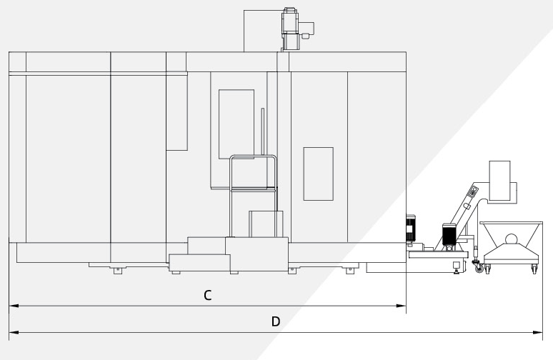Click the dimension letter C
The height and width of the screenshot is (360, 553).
(x=208, y=295)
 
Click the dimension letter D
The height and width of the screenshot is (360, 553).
(x=276, y=321)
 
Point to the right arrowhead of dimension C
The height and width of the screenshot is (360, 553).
(x=402, y=306)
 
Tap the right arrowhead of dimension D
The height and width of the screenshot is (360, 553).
(x=537, y=332)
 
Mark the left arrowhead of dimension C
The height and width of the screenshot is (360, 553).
(x=14, y=306)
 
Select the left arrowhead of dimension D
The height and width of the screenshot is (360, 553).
(x=14, y=332)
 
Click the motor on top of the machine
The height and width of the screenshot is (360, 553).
(x=291, y=29)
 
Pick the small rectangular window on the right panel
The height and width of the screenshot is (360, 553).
(x=319, y=174)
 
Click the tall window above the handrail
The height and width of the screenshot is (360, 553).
(x=236, y=124)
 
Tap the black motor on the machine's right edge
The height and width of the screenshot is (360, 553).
(x=410, y=228)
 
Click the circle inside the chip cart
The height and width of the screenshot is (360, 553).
(x=512, y=240)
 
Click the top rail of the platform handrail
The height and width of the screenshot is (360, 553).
(x=253, y=156)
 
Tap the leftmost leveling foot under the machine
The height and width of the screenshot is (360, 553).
(x=117, y=271)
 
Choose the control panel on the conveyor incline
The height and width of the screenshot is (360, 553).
(x=472, y=191)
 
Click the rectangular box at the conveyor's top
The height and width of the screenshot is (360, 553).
(x=499, y=181)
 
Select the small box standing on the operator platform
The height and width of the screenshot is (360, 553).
(x=266, y=224)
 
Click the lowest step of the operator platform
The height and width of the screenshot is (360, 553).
(x=199, y=263)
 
